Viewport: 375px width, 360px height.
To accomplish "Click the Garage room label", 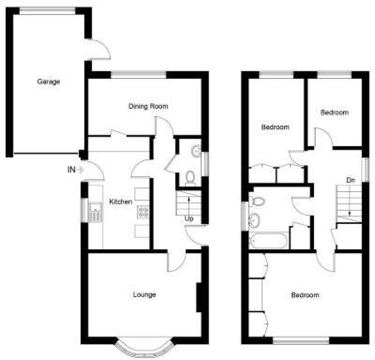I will tap(49, 82).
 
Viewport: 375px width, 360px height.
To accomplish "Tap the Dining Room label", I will tap(148, 107).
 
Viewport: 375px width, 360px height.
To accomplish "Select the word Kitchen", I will tap(121, 202).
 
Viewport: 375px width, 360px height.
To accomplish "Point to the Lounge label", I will tap(143, 294).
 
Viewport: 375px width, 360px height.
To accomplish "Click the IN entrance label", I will tap(71, 170).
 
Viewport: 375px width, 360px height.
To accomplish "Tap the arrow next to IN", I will tap(82, 170).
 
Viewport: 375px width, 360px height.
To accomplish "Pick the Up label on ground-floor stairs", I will tap(188, 219).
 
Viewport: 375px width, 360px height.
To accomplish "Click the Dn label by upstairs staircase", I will tap(350, 179).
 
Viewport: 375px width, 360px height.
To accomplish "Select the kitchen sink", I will tap(97, 212).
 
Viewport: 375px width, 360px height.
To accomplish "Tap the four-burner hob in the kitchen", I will tap(143, 213).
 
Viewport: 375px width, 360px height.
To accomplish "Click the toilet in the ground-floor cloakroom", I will tap(189, 175).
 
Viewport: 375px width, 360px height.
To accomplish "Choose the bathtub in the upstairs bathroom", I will tap(268, 240).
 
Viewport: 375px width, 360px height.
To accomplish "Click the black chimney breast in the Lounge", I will tap(199, 299).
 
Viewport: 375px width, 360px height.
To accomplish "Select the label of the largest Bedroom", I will tap(305, 296).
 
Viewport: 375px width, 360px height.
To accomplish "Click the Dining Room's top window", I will tap(141, 75).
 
